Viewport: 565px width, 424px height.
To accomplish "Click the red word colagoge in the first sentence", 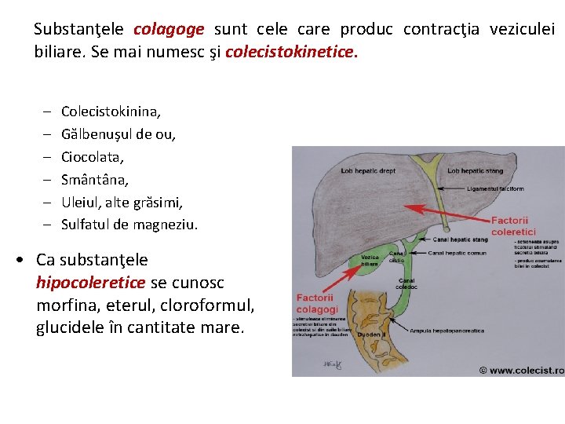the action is pyautogui.click(x=169, y=30).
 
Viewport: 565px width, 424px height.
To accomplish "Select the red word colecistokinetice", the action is pyautogui.click(x=290, y=53).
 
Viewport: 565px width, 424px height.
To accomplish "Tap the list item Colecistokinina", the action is pyautogui.click(x=111, y=111).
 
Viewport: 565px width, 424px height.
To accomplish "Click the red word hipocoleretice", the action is pyautogui.click(x=90, y=282).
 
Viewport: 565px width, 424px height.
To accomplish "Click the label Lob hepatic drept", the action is pyautogui.click(x=368, y=170).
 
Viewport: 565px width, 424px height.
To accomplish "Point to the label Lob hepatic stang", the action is pyautogui.click(x=476, y=170).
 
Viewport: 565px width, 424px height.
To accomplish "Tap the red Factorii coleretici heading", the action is pyautogui.click(x=509, y=226).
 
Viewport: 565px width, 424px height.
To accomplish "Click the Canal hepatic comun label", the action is pyautogui.click(x=458, y=253).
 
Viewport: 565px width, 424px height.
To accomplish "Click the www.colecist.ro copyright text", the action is pyautogui.click(x=521, y=370).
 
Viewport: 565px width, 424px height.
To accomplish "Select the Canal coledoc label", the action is pyautogui.click(x=407, y=284).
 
